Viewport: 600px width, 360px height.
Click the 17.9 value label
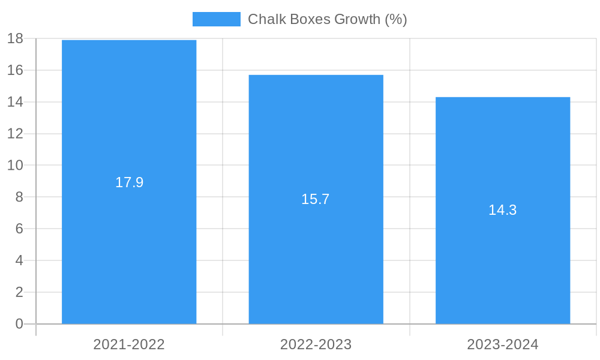(129, 182)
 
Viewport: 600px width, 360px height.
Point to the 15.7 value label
(316, 199)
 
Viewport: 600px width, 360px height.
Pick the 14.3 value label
(503, 210)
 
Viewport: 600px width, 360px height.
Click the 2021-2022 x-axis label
(129, 344)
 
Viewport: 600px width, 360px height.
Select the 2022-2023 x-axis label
(316, 344)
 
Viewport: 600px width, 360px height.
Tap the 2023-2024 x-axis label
(503, 344)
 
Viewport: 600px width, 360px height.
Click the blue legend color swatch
(216, 19)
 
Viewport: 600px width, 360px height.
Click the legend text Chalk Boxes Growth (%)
(327, 19)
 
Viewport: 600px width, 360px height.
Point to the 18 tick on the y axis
(15, 38)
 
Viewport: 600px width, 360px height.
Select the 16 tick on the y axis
(15, 70)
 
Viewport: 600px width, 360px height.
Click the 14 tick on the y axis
(15, 102)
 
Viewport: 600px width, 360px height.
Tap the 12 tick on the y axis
(15, 134)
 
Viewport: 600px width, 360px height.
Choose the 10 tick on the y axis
(15, 165)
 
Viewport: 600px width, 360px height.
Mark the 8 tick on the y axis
(19, 197)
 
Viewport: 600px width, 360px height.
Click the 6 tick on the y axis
(19, 229)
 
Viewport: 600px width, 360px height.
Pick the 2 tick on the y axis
(19, 292)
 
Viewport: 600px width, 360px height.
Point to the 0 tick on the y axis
(19, 324)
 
